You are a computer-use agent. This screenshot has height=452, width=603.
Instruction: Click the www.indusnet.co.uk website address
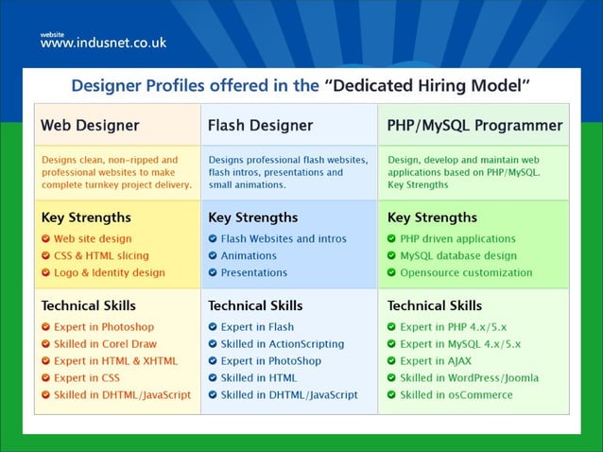103,43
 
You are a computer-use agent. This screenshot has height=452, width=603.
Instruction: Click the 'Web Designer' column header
90,125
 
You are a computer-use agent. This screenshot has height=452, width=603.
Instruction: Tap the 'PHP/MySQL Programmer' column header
474,125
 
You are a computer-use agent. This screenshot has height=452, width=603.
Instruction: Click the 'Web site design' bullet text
93,239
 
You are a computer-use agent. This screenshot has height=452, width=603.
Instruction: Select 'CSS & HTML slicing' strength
101,256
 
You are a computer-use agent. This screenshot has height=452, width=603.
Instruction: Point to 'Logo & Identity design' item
109,273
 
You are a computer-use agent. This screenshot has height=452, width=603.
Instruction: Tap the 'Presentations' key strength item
254,273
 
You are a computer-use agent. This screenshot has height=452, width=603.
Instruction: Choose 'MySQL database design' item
458,256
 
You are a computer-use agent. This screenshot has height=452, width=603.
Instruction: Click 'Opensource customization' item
466,273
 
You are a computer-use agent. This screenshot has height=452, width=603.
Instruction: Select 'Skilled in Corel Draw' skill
105,344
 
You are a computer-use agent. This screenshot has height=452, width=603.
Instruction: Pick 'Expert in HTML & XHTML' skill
115,361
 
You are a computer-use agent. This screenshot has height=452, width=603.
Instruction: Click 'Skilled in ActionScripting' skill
283,344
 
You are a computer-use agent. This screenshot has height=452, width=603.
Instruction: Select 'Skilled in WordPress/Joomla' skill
469,378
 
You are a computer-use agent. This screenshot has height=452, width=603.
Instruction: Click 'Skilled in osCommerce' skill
457,395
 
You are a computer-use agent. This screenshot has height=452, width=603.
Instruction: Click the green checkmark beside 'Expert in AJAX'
391,361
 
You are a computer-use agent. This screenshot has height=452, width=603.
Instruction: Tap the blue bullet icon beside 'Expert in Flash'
213,327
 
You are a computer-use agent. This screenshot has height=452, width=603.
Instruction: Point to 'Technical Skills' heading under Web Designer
88,305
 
